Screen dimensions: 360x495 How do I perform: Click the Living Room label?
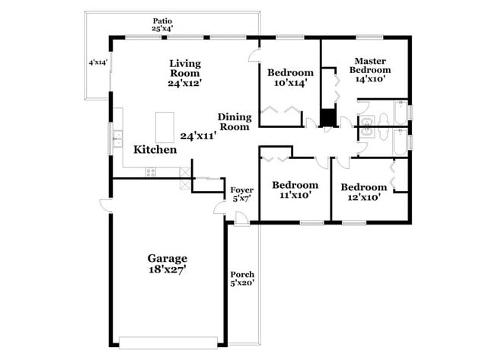185,73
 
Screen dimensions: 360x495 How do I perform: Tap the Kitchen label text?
155,150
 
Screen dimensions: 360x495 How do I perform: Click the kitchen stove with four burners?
150,172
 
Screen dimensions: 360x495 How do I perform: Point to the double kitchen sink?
118,138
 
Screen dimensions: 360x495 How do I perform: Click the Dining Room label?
234,122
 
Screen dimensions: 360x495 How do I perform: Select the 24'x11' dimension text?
198,135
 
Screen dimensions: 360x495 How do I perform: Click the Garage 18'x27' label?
168,263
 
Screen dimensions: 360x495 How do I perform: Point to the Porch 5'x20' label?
242,278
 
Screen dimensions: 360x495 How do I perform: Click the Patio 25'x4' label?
161,24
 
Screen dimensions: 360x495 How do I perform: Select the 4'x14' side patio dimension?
98,63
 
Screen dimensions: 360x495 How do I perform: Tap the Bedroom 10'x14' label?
290,78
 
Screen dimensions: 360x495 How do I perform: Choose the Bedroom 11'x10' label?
295,190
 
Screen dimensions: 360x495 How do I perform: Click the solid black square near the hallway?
327,118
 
